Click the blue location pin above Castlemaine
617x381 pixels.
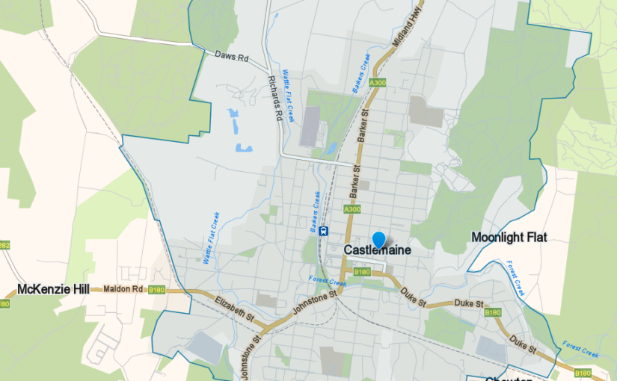[379, 239]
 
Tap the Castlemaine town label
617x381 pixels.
[378, 250]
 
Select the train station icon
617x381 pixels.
[323, 231]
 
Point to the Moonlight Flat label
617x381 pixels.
[509, 238]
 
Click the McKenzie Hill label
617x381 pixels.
[49, 288]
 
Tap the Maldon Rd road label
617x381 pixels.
[122, 288]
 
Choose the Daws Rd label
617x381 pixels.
[230, 55]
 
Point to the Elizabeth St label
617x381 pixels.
[235, 308]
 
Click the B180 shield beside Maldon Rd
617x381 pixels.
[156, 290]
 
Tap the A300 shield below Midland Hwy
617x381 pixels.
[377, 83]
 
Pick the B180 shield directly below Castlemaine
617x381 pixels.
[362, 272]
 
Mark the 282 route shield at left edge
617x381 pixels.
[4, 244]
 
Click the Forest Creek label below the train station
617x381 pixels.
[328, 282]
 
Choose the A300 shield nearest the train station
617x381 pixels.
[352, 211]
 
